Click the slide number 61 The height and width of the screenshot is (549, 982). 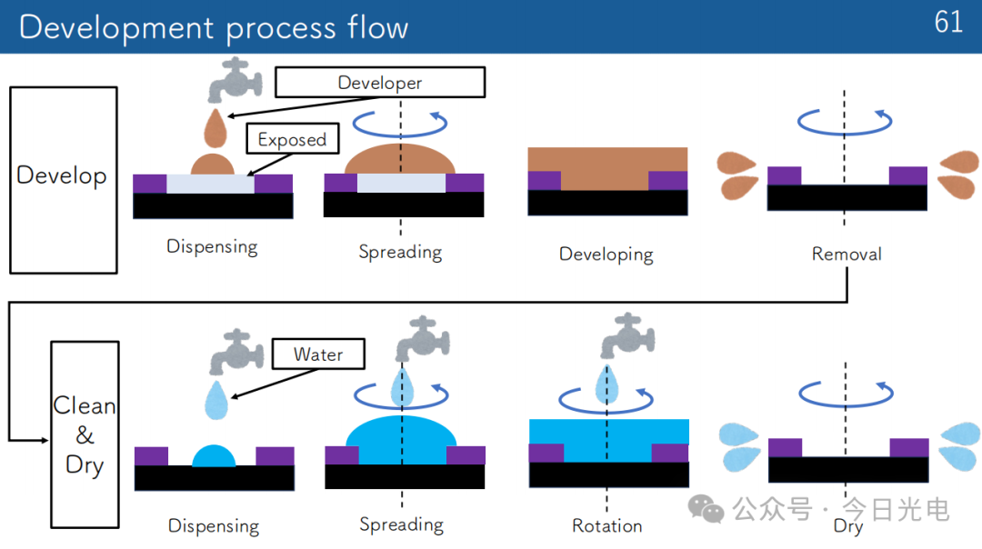[948, 22]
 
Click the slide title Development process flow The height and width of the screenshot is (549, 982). [214, 28]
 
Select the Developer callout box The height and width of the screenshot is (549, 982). [380, 82]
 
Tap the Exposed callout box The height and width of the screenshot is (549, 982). [293, 138]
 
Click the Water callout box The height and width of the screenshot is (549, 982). [318, 354]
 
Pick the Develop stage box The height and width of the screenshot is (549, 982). [64, 180]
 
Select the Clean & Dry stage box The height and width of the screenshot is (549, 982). [85, 434]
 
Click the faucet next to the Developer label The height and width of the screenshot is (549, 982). [235, 80]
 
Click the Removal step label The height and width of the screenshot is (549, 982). [847, 254]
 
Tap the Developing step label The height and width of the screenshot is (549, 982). [606, 255]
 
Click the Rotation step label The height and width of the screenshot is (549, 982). [606, 526]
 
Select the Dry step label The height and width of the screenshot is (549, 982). [848, 526]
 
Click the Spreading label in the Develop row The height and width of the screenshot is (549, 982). [400, 253]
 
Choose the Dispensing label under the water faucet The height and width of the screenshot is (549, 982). [214, 526]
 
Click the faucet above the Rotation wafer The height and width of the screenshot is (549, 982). [627, 335]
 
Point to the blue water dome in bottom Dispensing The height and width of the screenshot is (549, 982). [214, 456]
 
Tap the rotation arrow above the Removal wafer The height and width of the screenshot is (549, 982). [845, 124]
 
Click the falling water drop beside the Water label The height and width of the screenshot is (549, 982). [216, 400]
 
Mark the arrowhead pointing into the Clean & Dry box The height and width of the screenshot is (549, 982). [45, 440]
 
